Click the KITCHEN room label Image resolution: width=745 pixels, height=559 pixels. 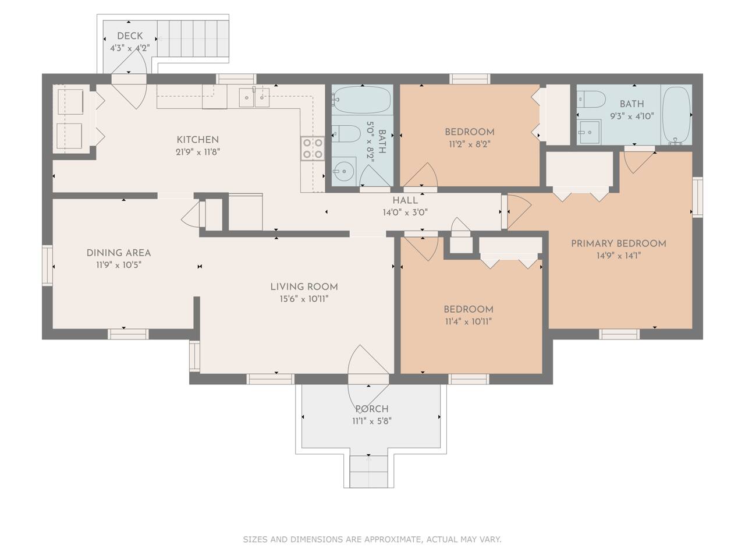click(x=197, y=140)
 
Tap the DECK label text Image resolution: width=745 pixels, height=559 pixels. click(x=130, y=36)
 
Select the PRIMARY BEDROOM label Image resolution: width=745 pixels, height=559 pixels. click(x=618, y=243)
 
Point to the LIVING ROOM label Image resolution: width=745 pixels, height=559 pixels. click(x=304, y=287)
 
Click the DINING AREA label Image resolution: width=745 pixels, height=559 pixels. click(x=119, y=253)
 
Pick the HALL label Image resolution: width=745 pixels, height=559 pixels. click(x=405, y=200)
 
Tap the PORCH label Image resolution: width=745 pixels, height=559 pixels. click(x=372, y=409)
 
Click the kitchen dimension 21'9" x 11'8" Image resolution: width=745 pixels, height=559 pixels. click(x=197, y=152)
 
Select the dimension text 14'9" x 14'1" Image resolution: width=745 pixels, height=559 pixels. click(x=618, y=256)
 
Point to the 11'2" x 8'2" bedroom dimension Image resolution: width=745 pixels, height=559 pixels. click(x=469, y=144)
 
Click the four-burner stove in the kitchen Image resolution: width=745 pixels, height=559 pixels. click(x=312, y=148)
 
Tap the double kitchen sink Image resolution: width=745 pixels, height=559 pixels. click(x=254, y=97)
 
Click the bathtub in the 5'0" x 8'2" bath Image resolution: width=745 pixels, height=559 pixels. click(x=362, y=99)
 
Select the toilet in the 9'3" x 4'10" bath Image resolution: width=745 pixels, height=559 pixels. click(x=591, y=99)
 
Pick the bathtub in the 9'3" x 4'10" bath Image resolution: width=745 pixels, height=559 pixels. click(x=676, y=116)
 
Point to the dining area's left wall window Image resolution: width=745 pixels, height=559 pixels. click(x=47, y=266)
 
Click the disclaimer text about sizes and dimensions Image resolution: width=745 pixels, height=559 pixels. click(x=372, y=539)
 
